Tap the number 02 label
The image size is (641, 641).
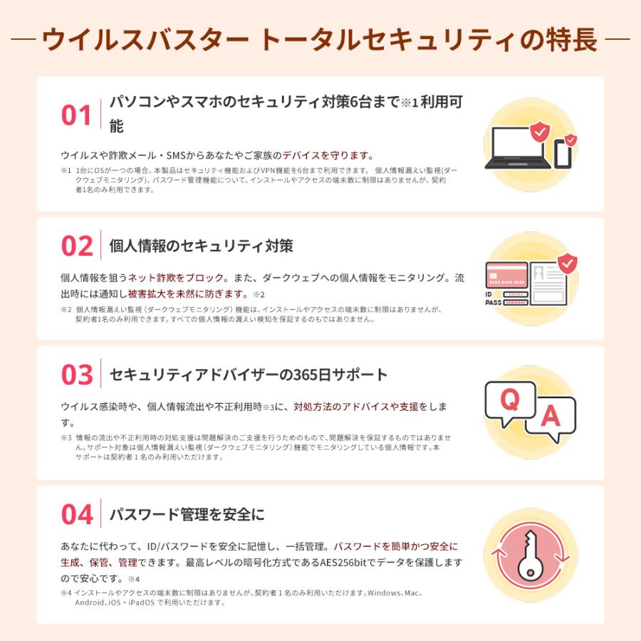point(77,246)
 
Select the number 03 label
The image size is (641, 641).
point(77,375)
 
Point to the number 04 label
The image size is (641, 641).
point(77,514)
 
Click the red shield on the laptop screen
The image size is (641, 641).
point(540,131)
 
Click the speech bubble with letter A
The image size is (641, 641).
point(550,416)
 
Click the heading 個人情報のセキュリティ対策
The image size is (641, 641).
point(202,246)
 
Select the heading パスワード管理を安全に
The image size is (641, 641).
point(187,514)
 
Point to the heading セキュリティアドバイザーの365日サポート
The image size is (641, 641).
point(249,375)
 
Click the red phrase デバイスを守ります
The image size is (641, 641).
point(328,155)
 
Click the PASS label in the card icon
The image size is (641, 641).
point(494,302)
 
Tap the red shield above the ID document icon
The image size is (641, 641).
point(568,264)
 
